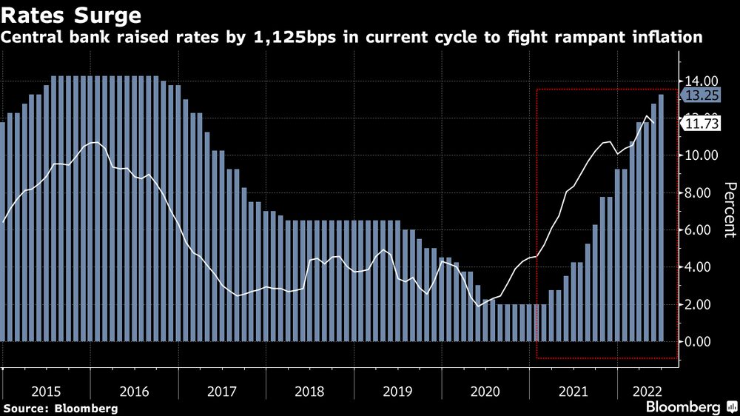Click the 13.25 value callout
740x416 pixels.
tap(699, 95)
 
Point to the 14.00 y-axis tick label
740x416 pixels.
tap(700, 81)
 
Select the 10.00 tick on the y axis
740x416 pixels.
tap(700, 155)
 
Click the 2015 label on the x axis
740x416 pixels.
tap(46, 389)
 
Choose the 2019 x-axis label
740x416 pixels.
tap(398, 389)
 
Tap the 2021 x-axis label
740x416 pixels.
tap(574, 389)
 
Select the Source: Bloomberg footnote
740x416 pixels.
tap(61, 408)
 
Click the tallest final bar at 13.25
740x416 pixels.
tap(661, 218)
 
